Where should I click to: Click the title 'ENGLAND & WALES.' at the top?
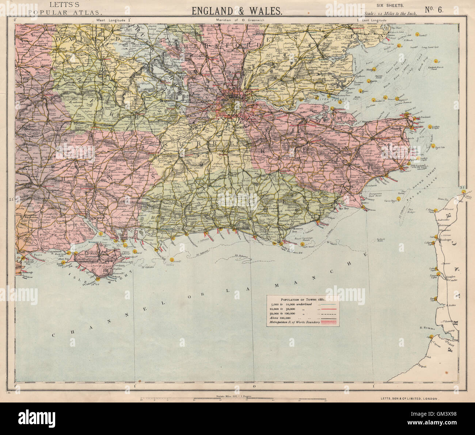pos(237,11)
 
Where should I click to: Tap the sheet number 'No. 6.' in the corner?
pos(434,10)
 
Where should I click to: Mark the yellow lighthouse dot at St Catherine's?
pos(98,280)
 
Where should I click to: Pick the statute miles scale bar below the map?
pos(233,400)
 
